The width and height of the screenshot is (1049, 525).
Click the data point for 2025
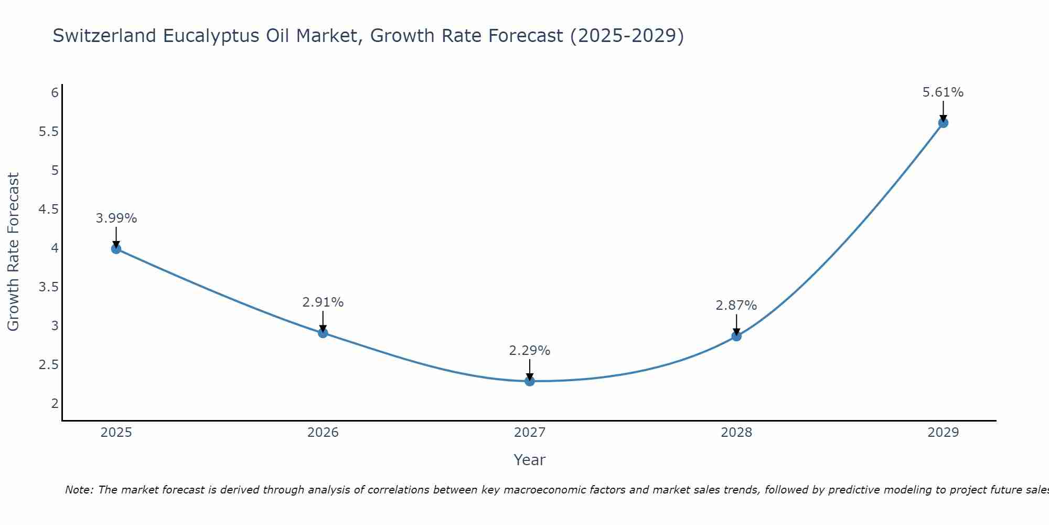point(116,249)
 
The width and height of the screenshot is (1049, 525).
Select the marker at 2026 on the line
point(323,333)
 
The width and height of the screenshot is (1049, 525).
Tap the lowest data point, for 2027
point(530,381)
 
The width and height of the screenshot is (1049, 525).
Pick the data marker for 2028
point(736,336)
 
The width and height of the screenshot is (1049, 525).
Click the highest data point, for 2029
point(943,123)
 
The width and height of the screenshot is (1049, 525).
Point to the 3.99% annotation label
point(116,218)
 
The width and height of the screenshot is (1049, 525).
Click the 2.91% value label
point(323,302)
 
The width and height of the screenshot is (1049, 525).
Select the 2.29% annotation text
point(530,351)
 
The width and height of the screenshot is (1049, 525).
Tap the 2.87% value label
point(736,306)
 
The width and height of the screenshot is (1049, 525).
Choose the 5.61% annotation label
point(943,92)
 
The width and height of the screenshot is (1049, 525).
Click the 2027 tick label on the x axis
point(530,433)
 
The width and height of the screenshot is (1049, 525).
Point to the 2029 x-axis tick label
point(943,433)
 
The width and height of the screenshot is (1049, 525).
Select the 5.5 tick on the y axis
point(49,132)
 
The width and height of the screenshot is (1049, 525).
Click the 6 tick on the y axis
point(55,93)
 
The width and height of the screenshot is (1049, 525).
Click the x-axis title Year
point(530,460)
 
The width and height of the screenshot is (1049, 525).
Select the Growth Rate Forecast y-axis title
point(14,252)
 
